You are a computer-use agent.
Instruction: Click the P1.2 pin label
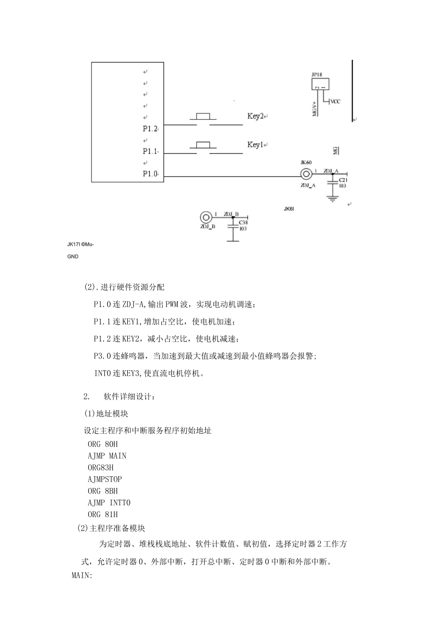[150, 129]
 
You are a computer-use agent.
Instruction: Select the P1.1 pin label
[150, 151]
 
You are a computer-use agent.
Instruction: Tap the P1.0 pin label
[150, 174]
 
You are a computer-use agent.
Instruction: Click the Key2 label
[255, 116]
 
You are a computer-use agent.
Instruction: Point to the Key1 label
[255, 145]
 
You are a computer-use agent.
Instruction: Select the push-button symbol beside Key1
[203, 145]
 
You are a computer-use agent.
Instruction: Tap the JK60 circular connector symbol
[306, 174]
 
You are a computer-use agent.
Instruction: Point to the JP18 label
[317, 74]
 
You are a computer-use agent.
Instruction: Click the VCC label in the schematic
[335, 101]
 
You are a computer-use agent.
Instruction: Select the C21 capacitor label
[343, 180]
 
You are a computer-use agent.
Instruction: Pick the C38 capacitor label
[243, 223]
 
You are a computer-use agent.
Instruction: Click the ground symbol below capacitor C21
[333, 199]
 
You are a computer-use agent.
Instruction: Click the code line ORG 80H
[103, 444]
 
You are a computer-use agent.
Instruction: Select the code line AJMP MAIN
[107, 455]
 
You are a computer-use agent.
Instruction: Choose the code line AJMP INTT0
[109, 503]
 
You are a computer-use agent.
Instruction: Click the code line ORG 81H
[103, 514]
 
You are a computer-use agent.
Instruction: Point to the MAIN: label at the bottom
[82, 576]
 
